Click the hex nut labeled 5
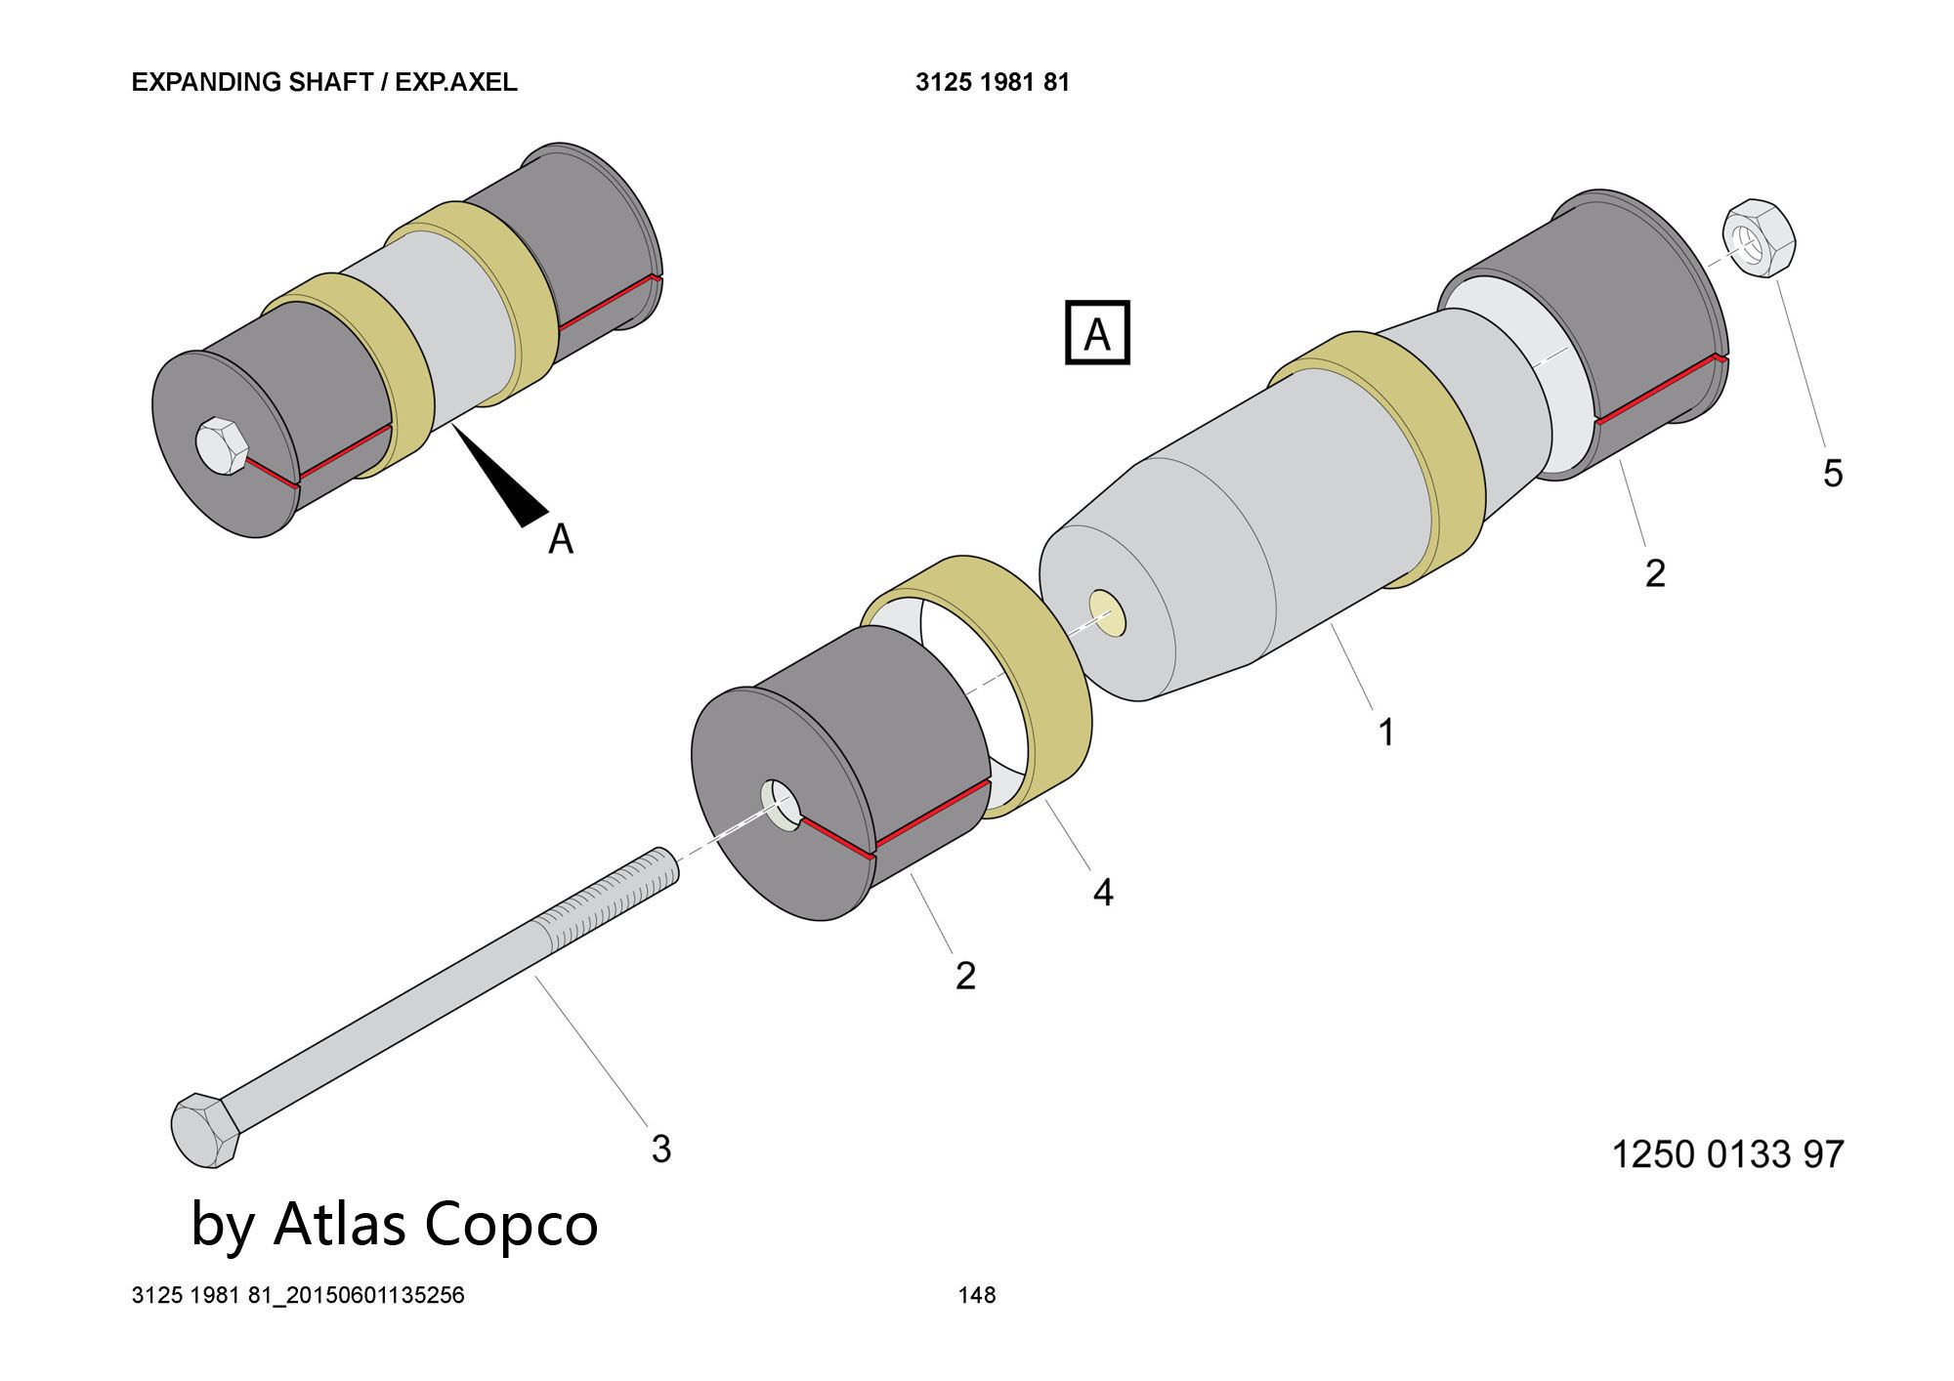click(x=1760, y=239)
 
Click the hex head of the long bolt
click(x=205, y=1130)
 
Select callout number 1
click(x=1385, y=732)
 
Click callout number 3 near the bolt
click(x=661, y=1149)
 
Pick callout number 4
click(x=1103, y=892)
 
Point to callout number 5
click(x=1833, y=474)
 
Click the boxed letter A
click(x=1097, y=333)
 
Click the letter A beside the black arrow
click(x=560, y=538)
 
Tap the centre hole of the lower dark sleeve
click(x=782, y=806)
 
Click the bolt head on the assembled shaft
click(x=223, y=447)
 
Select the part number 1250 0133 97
click(x=1726, y=1154)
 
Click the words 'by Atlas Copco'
click(x=394, y=1224)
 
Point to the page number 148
click(x=977, y=1295)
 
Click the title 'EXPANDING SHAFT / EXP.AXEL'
click(x=324, y=82)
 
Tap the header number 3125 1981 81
click(x=992, y=82)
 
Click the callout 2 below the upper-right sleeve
click(x=1654, y=572)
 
